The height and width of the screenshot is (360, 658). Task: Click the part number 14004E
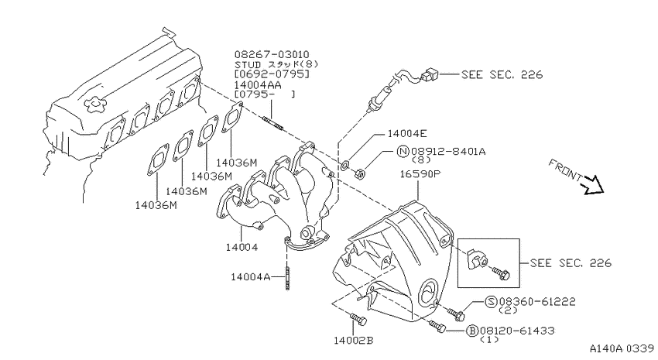pyautogui.click(x=406, y=134)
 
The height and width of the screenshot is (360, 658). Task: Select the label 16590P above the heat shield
pyautogui.click(x=420, y=173)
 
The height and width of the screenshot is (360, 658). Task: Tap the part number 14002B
pyautogui.click(x=353, y=341)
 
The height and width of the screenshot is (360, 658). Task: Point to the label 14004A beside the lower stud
pyautogui.click(x=251, y=277)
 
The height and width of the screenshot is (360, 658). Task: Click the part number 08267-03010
pyautogui.click(x=272, y=54)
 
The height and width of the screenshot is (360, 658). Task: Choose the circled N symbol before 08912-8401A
pyautogui.click(x=403, y=151)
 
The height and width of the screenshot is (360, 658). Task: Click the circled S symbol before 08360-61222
pyautogui.click(x=492, y=301)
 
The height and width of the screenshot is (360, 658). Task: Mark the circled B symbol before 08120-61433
pyautogui.click(x=472, y=331)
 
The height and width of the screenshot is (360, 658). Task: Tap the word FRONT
pyautogui.click(x=565, y=170)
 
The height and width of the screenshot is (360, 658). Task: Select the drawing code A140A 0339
pyautogui.click(x=622, y=348)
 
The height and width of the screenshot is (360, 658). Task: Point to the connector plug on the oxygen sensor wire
pyautogui.click(x=430, y=75)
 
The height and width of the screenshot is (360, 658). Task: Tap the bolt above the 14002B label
pyautogui.click(x=358, y=319)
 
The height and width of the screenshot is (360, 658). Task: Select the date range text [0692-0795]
pyautogui.click(x=272, y=74)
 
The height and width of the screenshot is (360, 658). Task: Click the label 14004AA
pyautogui.click(x=258, y=84)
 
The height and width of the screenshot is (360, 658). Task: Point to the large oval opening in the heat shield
pyautogui.click(x=427, y=292)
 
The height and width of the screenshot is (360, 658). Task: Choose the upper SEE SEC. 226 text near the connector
pyautogui.click(x=502, y=74)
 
